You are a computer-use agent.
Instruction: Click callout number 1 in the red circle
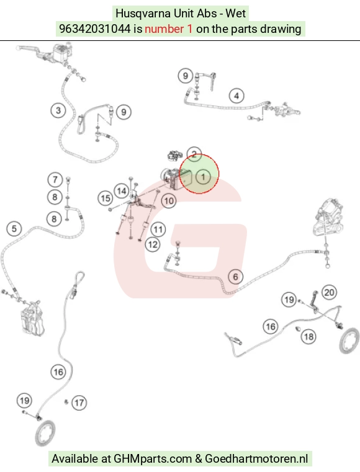[204, 177]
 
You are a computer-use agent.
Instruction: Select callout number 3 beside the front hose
[58, 110]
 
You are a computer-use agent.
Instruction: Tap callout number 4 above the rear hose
[236, 96]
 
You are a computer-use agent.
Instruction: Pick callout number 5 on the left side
[14, 229]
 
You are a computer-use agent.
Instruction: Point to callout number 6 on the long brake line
[236, 277]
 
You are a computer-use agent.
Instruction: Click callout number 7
[55, 180]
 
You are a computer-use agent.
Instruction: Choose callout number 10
[169, 201]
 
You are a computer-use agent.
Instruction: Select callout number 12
[153, 244]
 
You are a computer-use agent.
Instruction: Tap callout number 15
[106, 198]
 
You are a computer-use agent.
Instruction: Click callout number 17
[79, 403]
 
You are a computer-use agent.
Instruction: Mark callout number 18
[308, 337]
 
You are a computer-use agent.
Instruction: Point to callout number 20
[329, 292]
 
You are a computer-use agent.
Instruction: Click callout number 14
[122, 191]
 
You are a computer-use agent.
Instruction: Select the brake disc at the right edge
[349, 341]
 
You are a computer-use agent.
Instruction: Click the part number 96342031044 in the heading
[95, 29]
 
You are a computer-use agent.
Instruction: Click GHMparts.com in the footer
[153, 459]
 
